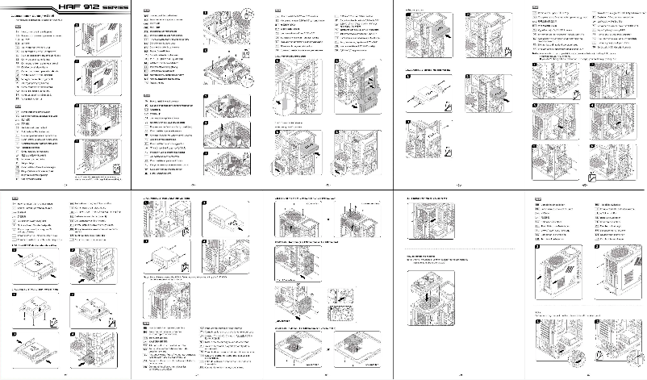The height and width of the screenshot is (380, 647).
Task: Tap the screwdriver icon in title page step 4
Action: [119, 168]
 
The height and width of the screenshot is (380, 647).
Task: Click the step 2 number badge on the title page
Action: [77, 65]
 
